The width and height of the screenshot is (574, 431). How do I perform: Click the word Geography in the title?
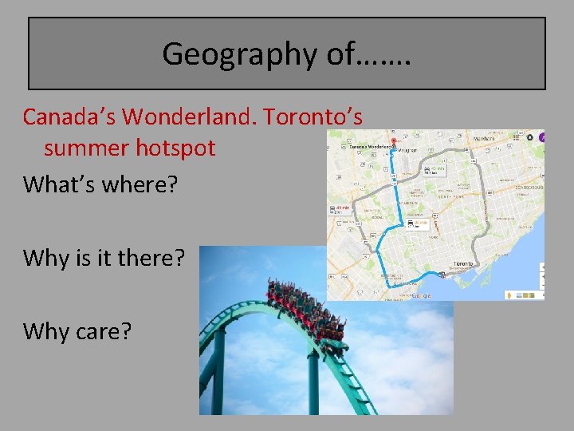click(226, 54)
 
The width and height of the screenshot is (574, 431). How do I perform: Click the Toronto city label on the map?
click(463, 263)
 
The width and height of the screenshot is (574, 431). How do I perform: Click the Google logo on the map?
click(421, 295)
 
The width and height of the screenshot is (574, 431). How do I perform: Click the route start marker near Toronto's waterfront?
click(442, 275)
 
